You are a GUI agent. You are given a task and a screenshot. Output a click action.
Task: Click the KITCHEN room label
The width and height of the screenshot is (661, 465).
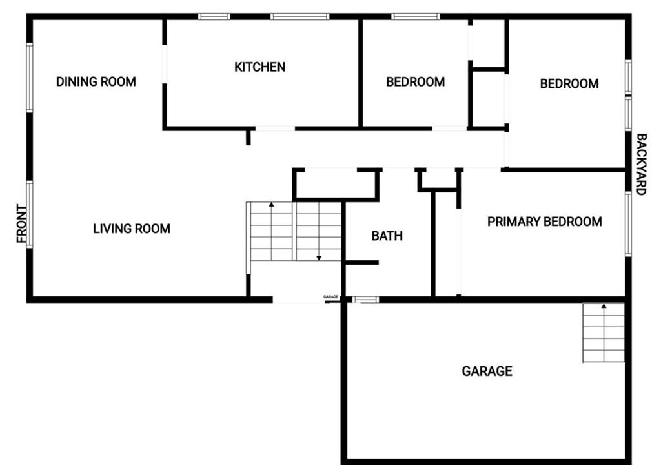(259, 67)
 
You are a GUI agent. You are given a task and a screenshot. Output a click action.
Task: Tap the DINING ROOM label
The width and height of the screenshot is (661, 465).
(96, 81)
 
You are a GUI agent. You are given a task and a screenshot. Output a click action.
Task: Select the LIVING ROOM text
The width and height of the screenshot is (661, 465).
(132, 229)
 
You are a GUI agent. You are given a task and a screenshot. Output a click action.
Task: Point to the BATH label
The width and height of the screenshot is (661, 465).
(387, 236)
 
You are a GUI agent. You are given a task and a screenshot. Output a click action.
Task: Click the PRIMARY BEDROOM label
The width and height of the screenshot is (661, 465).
(545, 222)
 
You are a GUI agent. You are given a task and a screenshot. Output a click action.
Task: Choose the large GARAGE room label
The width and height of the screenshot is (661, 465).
(487, 371)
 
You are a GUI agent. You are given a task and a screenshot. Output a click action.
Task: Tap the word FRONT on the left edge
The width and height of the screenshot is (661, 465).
(22, 223)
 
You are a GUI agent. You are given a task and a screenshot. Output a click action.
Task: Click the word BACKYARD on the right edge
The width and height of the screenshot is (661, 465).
(641, 165)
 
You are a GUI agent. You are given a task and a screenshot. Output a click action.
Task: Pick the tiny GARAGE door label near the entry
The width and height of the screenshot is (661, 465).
(331, 297)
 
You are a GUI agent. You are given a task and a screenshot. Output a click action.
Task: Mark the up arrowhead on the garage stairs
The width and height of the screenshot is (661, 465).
(604, 306)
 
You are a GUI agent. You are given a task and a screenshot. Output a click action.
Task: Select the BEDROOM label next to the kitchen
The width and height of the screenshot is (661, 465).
(416, 81)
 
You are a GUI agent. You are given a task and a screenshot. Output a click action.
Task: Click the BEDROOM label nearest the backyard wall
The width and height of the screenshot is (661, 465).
(569, 83)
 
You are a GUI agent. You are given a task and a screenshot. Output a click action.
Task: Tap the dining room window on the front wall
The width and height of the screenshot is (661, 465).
(30, 77)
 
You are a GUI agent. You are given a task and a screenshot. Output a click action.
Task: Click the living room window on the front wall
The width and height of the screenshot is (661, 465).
(30, 215)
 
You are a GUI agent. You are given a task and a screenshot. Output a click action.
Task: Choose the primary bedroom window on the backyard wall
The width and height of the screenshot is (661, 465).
(628, 224)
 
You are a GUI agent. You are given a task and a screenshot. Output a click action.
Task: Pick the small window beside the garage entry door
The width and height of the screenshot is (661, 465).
(365, 300)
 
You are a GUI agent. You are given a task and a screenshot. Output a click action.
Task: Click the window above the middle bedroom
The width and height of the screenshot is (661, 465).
(416, 16)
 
